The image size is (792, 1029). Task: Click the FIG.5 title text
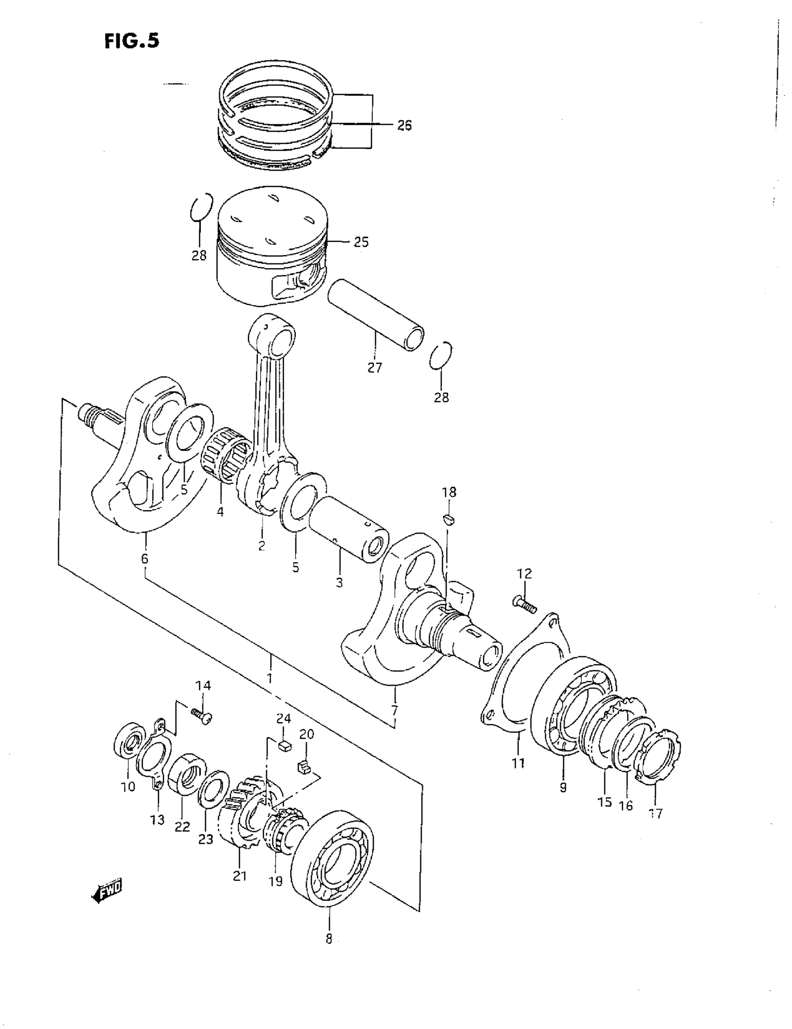coord(132,41)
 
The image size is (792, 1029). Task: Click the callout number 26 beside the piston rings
coord(404,125)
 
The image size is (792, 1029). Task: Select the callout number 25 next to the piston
coord(361,242)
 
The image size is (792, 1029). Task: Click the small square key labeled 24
coord(284,746)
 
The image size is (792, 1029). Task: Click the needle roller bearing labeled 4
coord(225,456)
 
